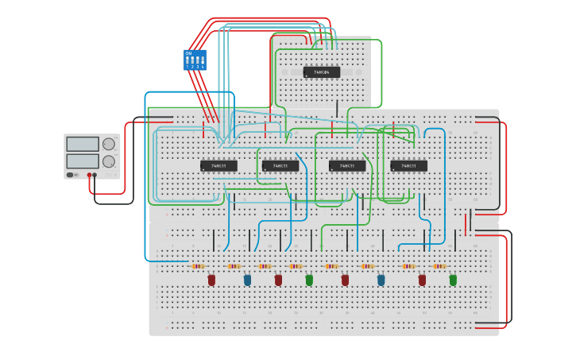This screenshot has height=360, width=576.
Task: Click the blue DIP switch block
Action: point(195,60)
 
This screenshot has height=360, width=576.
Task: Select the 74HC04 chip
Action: point(322,72)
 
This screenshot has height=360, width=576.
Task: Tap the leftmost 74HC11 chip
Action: point(218,165)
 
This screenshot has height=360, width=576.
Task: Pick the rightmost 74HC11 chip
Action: point(408,165)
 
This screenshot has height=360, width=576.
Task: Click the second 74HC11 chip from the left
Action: point(280,165)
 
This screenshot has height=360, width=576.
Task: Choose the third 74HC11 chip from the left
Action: point(347,165)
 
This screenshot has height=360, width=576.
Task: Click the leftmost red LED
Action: point(211,280)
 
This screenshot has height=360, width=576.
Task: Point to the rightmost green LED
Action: point(453,280)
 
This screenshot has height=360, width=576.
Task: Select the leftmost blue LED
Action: point(247,280)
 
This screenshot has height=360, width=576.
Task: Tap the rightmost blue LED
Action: point(381,280)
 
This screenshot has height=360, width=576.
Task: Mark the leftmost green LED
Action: point(309,280)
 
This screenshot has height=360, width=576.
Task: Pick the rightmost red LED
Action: point(422,280)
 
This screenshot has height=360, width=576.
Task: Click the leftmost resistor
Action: point(199,266)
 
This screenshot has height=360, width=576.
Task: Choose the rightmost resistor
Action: point(439,266)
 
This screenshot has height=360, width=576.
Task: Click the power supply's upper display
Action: point(83,144)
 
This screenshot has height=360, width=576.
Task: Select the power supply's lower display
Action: point(83,161)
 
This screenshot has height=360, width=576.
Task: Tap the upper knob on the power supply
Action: point(109,144)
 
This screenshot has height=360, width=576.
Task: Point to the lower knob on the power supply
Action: point(109,161)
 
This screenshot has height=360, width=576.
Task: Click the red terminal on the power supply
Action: point(89,175)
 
